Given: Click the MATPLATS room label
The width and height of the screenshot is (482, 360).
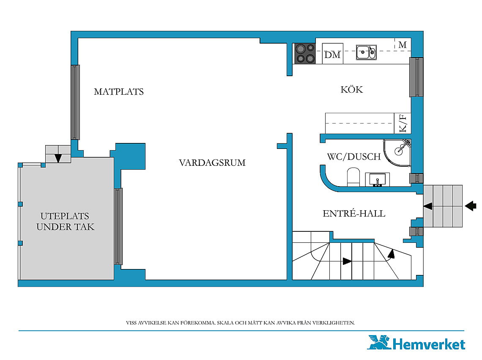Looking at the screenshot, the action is pyautogui.click(x=119, y=92).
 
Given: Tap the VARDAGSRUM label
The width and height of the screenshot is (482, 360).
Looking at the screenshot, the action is pyautogui.click(x=212, y=163).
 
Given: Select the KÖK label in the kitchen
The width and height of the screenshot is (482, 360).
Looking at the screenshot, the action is pyautogui.click(x=352, y=89).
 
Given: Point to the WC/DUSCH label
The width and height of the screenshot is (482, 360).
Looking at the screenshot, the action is pyautogui.click(x=354, y=157).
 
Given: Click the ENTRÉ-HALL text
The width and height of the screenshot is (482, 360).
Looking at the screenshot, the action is pyautogui.click(x=354, y=213).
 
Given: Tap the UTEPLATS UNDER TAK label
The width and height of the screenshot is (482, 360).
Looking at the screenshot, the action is pyautogui.click(x=65, y=222).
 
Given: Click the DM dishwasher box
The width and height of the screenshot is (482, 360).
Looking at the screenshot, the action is pyautogui.click(x=333, y=54).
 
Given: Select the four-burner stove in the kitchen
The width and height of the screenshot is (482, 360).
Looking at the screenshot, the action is pyautogui.click(x=305, y=54).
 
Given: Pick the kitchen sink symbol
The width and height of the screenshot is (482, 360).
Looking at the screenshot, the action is pyautogui.click(x=366, y=52).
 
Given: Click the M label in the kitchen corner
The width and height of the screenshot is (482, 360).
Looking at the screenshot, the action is pyautogui.click(x=403, y=45).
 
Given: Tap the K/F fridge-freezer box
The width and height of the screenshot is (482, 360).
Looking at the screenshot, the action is pyautogui.click(x=403, y=124).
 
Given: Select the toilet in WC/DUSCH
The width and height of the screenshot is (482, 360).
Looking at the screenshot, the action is pyautogui.click(x=353, y=177).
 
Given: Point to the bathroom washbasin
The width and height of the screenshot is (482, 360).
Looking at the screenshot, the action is pyautogui.click(x=378, y=179).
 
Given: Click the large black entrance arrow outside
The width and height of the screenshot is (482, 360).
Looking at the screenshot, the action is pyautogui.click(x=470, y=206).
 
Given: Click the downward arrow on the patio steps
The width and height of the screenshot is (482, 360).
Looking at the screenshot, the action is pyautogui.click(x=58, y=158).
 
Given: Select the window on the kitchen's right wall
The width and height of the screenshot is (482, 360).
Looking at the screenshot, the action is pyautogui.click(x=416, y=77).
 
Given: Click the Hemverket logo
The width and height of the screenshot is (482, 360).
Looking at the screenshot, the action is pyautogui.click(x=416, y=343).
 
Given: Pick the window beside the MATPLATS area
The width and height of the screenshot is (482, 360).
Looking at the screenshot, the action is pyautogui.click(x=75, y=102).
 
